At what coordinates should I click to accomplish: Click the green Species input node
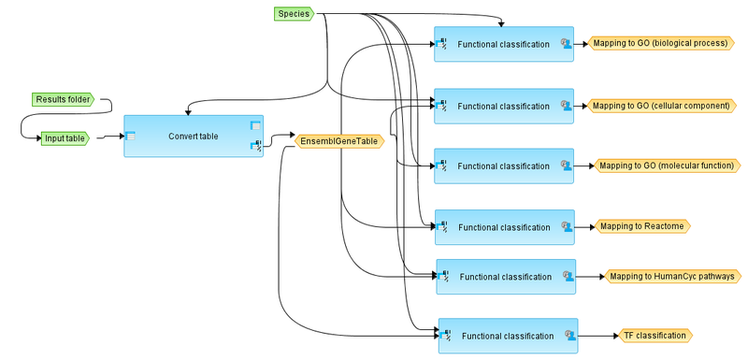294,13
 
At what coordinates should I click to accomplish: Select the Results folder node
62,98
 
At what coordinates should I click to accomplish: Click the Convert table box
194,137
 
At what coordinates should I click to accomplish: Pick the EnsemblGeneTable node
339,141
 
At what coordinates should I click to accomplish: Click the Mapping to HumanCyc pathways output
672,276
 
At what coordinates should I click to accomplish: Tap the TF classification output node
654,335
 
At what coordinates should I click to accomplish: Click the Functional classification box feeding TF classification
508,336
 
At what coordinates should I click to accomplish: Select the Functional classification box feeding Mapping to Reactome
504,227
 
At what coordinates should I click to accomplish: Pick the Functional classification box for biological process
504,44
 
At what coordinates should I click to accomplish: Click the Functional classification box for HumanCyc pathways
506,277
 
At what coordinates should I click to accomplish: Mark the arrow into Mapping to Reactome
584,226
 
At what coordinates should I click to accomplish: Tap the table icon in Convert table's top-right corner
255,125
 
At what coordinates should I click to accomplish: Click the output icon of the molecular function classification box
565,166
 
